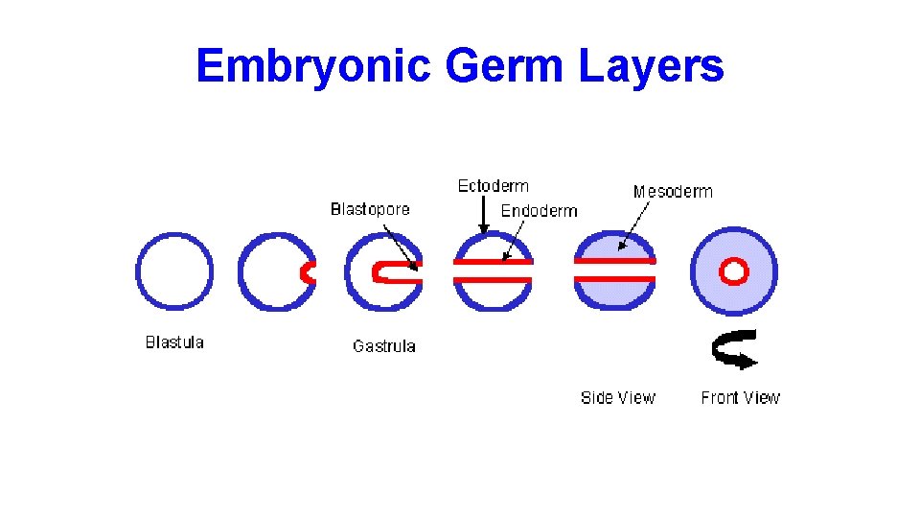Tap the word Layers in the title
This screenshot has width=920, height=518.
pyautogui.click(x=652, y=66)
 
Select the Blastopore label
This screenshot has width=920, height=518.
pyautogui.click(x=370, y=209)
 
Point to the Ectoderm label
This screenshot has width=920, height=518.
pyautogui.click(x=493, y=186)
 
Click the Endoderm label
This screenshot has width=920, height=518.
pyautogui.click(x=540, y=211)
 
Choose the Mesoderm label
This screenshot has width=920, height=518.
pyautogui.click(x=673, y=192)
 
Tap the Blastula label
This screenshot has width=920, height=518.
pyautogui.click(x=174, y=342)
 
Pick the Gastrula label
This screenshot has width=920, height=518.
pyautogui.click(x=384, y=346)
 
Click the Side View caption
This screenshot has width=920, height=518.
pyautogui.click(x=618, y=397)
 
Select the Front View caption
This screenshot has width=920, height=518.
pyautogui.click(x=741, y=397)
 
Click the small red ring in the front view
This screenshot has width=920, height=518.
pyautogui.click(x=735, y=271)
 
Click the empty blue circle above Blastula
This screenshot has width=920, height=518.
pyautogui.click(x=174, y=271)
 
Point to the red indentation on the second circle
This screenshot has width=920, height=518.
pyautogui.click(x=308, y=272)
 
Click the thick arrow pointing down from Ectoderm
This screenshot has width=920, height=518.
pyautogui.click(x=484, y=216)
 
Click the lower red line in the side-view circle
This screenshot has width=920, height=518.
pyautogui.click(x=614, y=279)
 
